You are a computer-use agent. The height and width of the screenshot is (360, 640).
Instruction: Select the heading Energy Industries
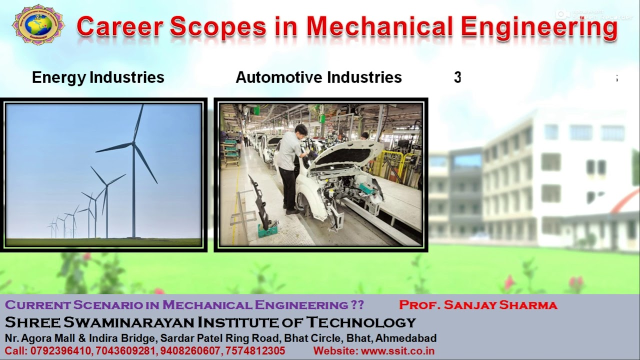(98, 77)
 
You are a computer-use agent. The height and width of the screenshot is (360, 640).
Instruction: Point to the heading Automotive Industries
(318, 77)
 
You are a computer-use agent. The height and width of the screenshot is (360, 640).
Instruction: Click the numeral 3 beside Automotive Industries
(457, 77)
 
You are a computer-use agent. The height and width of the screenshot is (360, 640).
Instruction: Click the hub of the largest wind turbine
(133, 143)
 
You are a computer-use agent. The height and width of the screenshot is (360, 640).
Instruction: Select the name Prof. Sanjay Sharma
(478, 305)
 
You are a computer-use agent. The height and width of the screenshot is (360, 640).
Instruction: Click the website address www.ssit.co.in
(397, 351)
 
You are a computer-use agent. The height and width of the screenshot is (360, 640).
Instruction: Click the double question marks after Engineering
(357, 305)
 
